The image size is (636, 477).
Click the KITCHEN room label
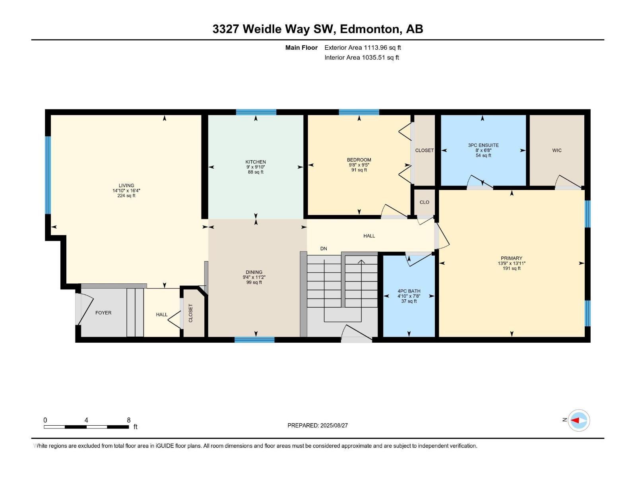tap(256, 162)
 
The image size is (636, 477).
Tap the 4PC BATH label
tap(409, 291)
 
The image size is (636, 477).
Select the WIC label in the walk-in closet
tap(556, 150)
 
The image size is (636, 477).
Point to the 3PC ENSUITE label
tap(483, 145)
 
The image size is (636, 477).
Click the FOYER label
tap(103, 313)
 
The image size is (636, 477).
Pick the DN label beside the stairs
tap(324, 248)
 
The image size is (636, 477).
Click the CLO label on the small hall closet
tap(424, 202)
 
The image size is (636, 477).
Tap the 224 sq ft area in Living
tap(126, 196)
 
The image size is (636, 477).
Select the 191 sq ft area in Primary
tap(511, 268)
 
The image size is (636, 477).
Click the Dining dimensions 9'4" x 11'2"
tap(254, 277)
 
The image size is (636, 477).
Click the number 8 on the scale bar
tap(128, 420)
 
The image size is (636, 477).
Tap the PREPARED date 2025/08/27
tap(334, 425)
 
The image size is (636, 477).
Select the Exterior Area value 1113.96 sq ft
tap(382, 48)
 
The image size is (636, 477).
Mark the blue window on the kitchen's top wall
tap(256, 112)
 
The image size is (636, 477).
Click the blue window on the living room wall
tap(48, 175)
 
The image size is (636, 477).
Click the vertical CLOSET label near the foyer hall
tap(190, 313)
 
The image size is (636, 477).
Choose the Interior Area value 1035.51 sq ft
tap(380, 58)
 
